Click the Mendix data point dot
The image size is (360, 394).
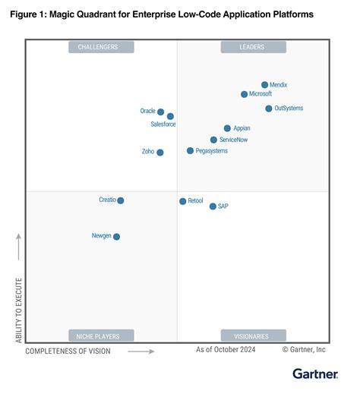click(x=264, y=85)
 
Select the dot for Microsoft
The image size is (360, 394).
click(x=244, y=94)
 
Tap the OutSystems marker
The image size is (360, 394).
click(x=269, y=109)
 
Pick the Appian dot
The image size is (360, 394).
click(x=227, y=128)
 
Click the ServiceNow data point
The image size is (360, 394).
click(x=213, y=140)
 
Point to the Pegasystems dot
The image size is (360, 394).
click(x=190, y=151)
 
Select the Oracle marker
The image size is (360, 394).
click(x=160, y=112)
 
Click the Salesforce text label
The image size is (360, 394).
click(x=163, y=124)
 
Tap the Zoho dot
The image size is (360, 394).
click(x=160, y=153)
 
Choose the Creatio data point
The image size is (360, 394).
click(x=121, y=200)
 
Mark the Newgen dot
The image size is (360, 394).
click(x=116, y=237)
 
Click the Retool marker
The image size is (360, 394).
click(x=182, y=201)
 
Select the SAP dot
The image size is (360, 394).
click(x=213, y=206)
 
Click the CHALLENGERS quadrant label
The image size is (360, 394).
click(x=101, y=47)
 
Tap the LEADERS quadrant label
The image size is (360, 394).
click(x=254, y=47)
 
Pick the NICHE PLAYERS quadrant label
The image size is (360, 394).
click(x=101, y=336)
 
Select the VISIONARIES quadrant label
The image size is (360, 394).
click(x=254, y=336)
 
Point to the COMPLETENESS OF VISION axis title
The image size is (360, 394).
click(x=68, y=351)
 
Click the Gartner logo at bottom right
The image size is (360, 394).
click(x=316, y=374)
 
